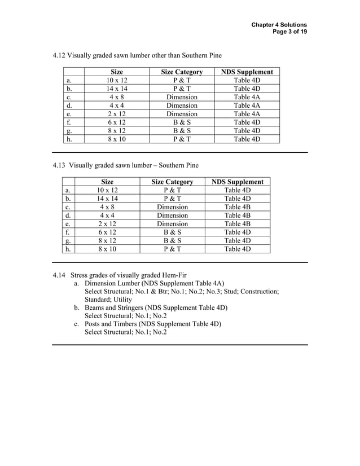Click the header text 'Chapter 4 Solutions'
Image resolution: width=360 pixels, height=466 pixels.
279,25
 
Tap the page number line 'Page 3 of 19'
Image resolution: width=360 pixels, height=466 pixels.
289,33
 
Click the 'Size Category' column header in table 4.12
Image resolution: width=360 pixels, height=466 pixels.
182,72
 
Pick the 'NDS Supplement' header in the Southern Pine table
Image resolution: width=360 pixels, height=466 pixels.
237,182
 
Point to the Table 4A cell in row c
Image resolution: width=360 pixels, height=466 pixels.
247,96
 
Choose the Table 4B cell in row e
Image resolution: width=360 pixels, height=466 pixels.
237,223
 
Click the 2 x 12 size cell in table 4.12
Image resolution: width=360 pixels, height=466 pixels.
117,113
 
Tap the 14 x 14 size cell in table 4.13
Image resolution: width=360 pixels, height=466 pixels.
107,199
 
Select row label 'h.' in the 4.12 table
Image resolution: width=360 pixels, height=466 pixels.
69,139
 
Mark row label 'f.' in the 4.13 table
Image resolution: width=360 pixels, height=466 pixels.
68,232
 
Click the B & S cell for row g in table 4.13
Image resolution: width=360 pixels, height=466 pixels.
172,240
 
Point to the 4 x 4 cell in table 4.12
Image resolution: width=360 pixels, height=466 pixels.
117,105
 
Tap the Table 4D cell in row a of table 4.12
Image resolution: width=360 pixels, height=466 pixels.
247,80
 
